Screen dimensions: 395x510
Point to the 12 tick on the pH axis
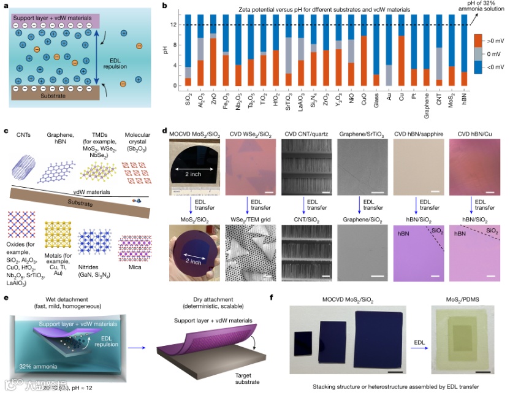pyautogui.click(x=174, y=25)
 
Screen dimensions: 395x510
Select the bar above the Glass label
pyautogui.click(x=376, y=50)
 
